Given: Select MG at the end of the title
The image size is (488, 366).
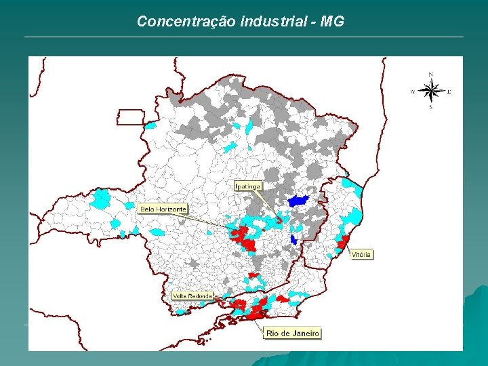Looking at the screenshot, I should pyautogui.click(x=333, y=22).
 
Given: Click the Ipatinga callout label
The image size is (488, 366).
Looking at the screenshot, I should pyautogui.click(x=247, y=186).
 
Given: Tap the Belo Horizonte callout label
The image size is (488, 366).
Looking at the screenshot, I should pyautogui.click(x=163, y=209).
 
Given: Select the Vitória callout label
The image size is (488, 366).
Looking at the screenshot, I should pyautogui.click(x=361, y=255).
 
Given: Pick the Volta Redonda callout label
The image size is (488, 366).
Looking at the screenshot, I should pyautogui.click(x=192, y=296).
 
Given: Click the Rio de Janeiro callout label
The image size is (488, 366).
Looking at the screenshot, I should pyautogui.click(x=292, y=333).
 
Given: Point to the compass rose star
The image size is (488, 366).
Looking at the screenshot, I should pyautogui.click(x=430, y=90).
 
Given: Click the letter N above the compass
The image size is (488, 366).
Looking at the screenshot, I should pyautogui.click(x=431, y=74).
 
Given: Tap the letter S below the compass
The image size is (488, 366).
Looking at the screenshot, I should pyautogui.click(x=430, y=107).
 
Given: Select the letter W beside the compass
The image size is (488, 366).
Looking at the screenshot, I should pyautogui.click(x=413, y=91).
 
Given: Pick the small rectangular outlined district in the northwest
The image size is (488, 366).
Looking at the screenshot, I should pyautogui.click(x=130, y=117).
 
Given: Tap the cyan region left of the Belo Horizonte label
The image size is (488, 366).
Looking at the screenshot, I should pyautogui.click(x=102, y=199).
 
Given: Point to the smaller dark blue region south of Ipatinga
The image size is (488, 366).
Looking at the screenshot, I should pyautogui.click(x=293, y=239).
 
